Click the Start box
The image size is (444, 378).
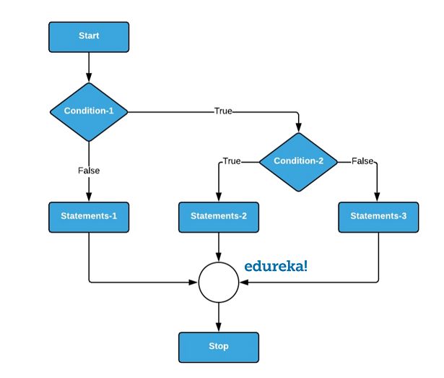(x=89, y=36)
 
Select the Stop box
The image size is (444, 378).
(x=218, y=346)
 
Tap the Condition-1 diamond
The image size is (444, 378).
(x=89, y=111)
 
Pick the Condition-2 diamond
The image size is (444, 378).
(x=298, y=160)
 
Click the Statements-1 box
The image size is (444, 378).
(x=89, y=216)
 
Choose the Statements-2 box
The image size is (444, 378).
(x=218, y=216)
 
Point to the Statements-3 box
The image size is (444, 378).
(x=378, y=216)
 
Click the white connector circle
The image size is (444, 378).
(x=218, y=282)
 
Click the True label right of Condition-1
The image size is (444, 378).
(x=223, y=111)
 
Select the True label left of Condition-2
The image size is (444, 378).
(x=232, y=160)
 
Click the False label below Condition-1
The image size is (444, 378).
(x=89, y=171)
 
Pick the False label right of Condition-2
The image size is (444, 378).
(x=362, y=160)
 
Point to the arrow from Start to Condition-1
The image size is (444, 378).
(x=89, y=66)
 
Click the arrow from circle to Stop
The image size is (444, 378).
(x=218, y=316)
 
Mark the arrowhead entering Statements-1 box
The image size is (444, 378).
(x=89, y=197)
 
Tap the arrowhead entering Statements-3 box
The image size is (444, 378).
(x=378, y=197)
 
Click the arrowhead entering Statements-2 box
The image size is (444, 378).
(x=218, y=197)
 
